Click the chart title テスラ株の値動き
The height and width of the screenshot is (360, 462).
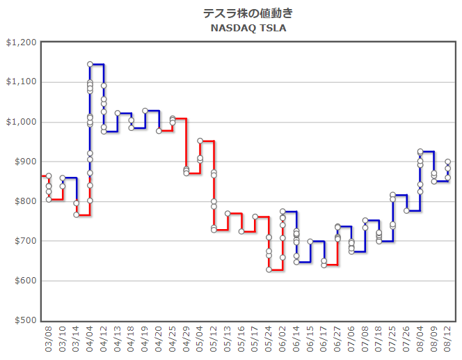point(248,13)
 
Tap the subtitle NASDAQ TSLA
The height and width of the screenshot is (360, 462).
point(248,29)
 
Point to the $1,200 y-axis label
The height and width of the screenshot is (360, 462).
point(21,42)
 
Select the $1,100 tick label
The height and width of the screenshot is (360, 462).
point(21,82)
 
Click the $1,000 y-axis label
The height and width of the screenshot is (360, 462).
point(21,122)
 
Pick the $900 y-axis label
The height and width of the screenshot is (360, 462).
point(24,162)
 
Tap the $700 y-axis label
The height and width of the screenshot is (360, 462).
point(24,241)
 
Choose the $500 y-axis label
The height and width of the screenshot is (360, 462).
point(24,320)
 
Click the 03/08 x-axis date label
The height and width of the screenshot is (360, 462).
point(49,341)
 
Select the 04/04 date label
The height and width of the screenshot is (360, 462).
point(90,341)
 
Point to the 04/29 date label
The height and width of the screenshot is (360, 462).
point(186,341)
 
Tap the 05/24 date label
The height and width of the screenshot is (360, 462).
point(269,341)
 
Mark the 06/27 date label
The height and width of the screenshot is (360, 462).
point(338,341)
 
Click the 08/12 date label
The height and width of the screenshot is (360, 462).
point(448,341)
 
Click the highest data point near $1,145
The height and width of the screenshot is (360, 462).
point(90,64)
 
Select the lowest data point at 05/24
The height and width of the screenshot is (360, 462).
point(269,269)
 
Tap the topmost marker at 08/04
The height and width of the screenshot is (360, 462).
point(420,151)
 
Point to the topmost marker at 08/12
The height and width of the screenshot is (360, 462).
point(448,162)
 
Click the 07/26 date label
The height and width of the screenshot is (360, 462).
point(407,341)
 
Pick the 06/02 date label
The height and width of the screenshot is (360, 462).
point(283,341)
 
